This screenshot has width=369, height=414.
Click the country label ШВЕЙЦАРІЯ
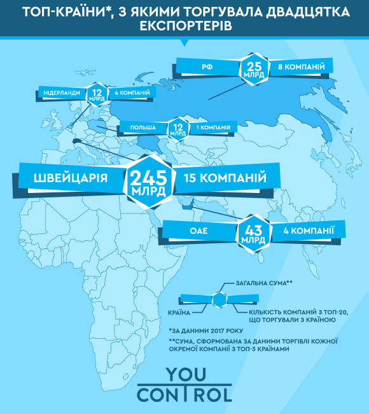71,178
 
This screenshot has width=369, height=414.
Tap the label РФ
206,66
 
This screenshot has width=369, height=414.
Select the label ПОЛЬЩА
143,127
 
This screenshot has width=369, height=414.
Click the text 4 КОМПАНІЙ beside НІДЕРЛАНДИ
132,93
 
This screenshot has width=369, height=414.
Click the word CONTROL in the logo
184,395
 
